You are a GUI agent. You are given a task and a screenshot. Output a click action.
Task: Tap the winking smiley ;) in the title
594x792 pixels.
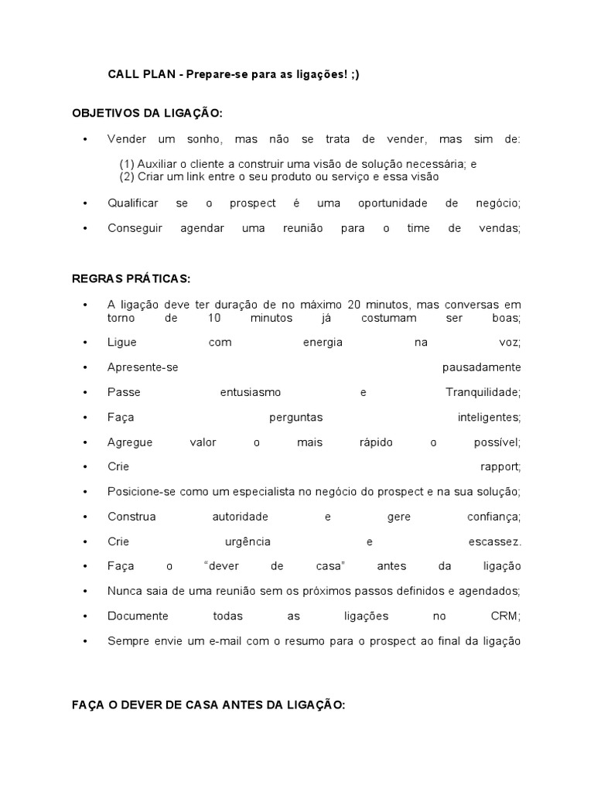(x=354, y=74)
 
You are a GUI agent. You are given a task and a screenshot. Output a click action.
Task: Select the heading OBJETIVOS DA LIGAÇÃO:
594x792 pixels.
(x=147, y=113)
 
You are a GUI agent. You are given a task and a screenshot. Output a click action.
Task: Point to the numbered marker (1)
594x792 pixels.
(x=127, y=164)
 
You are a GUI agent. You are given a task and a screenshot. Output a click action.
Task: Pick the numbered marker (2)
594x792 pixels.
(x=127, y=176)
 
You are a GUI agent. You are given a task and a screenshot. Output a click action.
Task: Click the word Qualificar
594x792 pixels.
(x=133, y=203)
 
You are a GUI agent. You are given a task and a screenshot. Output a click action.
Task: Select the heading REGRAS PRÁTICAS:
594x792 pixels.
(x=131, y=278)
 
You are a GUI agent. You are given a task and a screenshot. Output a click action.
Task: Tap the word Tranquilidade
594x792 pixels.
(x=483, y=392)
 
